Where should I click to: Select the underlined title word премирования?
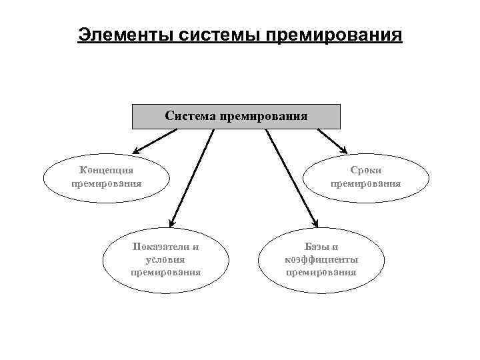335,34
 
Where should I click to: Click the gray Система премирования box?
236,117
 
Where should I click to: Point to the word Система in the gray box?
189,117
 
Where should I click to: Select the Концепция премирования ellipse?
106,177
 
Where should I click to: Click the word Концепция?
106,171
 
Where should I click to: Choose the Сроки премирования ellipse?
366,177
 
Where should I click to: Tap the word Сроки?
366,171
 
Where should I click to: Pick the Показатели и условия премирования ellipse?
165,260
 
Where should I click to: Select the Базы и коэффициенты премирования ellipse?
321,260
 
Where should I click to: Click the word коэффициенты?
321,259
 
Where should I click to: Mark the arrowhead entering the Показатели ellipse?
171,224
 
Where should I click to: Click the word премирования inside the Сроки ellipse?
366,183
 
